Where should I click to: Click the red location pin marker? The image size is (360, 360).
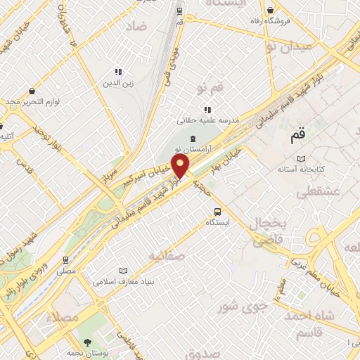(181, 167)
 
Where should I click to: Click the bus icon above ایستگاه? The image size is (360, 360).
(217, 211)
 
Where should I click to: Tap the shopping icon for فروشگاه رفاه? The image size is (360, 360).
(271, 10)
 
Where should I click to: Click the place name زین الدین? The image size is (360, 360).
(119, 82)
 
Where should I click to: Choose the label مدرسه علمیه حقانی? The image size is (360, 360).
(207, 120)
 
